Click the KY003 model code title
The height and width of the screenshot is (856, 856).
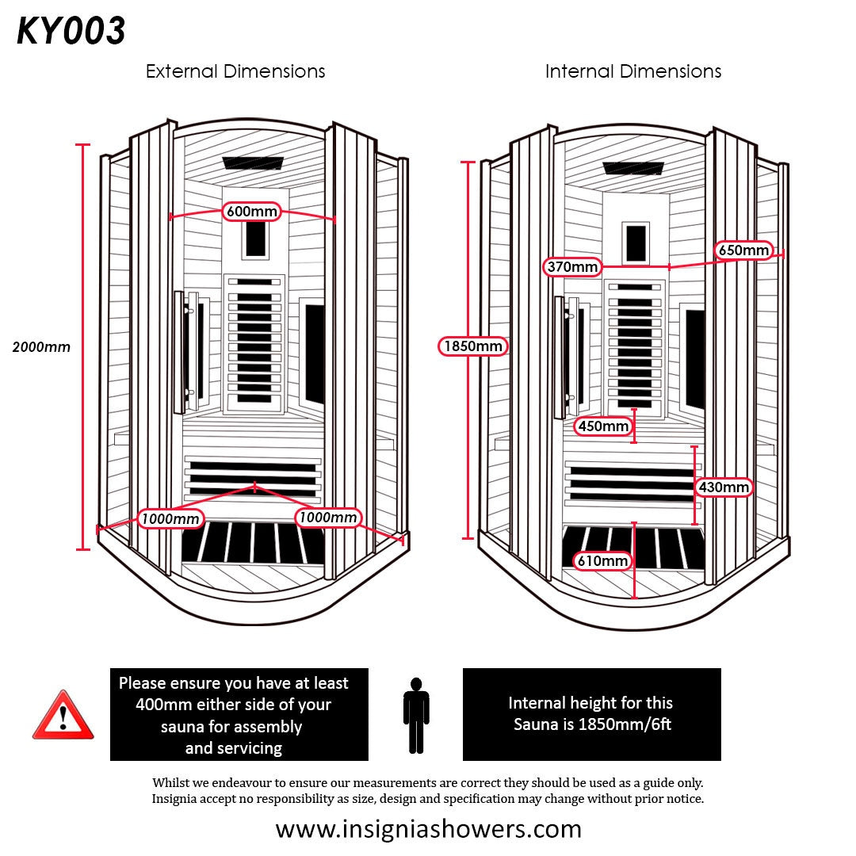click(71, 32)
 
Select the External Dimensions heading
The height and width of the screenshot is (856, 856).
click(235, 71)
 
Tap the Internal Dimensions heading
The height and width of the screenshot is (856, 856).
click(633, 71)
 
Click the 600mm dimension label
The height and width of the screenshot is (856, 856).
click(252, 212)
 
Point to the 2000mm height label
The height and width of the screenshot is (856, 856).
click(41, 347)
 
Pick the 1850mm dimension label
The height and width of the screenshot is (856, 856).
click(473, 346)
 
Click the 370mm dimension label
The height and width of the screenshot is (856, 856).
click(572, 267)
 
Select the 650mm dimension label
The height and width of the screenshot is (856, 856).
click(743, 250)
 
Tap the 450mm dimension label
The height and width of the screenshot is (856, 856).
click(603, 426)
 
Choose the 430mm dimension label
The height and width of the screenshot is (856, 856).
click(724, 487)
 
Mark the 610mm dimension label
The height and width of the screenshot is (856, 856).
click(603, 561)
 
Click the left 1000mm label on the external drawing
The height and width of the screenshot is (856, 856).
click(170, 518)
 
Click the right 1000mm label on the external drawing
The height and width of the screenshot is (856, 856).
click(328, 518)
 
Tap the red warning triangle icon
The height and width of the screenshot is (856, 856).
click(63, 717)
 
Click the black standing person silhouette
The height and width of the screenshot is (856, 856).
click(415, 715)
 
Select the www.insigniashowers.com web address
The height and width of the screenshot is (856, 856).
click(428, 829)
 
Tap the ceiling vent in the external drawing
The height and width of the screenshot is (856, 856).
click(253, 163)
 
